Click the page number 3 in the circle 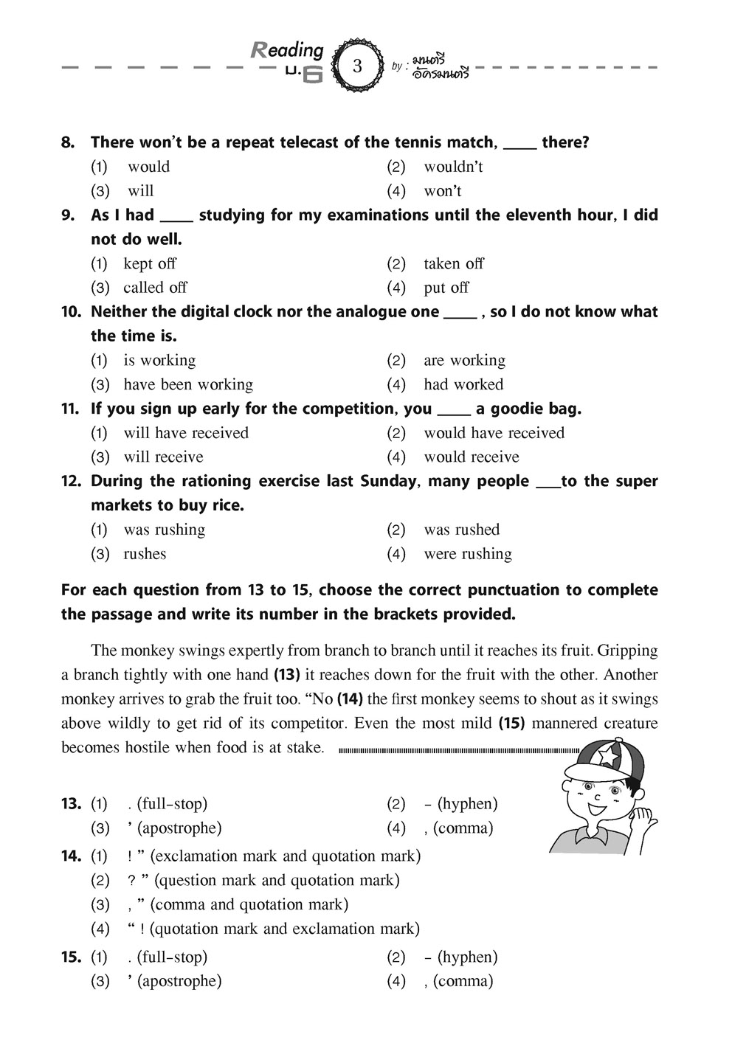tap(358, 66)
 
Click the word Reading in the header tap(288, 50)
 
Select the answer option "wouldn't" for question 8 tap(452, 167)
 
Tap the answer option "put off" tap(446, 288)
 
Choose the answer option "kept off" tap(150, 263)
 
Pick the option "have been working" tap(187, 384)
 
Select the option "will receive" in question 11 tap(163, 457)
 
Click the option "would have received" tap(493, 433)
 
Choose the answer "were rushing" tap(467, 554)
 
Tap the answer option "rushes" tap(145, 554)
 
